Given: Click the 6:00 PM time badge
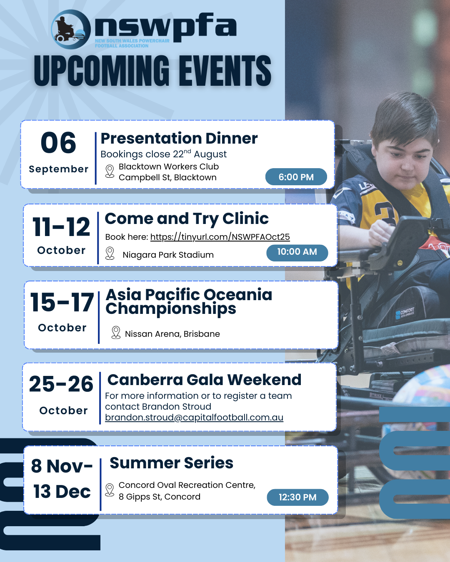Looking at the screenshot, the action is click(296, 177).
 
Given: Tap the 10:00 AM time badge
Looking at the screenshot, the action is click(297, 253).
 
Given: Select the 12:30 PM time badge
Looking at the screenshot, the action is click(297, 497).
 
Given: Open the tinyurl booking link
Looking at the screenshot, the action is click(220, 237).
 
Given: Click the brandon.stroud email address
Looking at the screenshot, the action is click(194, 417).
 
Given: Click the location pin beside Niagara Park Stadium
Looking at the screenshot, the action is click(110, 254).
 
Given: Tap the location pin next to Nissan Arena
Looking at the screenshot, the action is click(116, 333).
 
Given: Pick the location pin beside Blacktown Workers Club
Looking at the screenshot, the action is click(110, 172).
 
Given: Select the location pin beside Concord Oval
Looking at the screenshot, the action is click(110, 490).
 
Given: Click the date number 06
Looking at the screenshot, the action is click(58, 143).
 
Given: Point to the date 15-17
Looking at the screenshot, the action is click(62, 302).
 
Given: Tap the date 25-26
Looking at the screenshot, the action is click(61, 384).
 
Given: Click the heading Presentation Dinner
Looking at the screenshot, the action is click(179, 138).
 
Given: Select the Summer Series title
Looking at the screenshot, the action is click(171, 463).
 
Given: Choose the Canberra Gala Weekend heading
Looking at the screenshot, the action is click(204, 380).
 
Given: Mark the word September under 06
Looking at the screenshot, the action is click(59, 169).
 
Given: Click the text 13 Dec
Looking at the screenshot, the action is click(62, 492).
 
